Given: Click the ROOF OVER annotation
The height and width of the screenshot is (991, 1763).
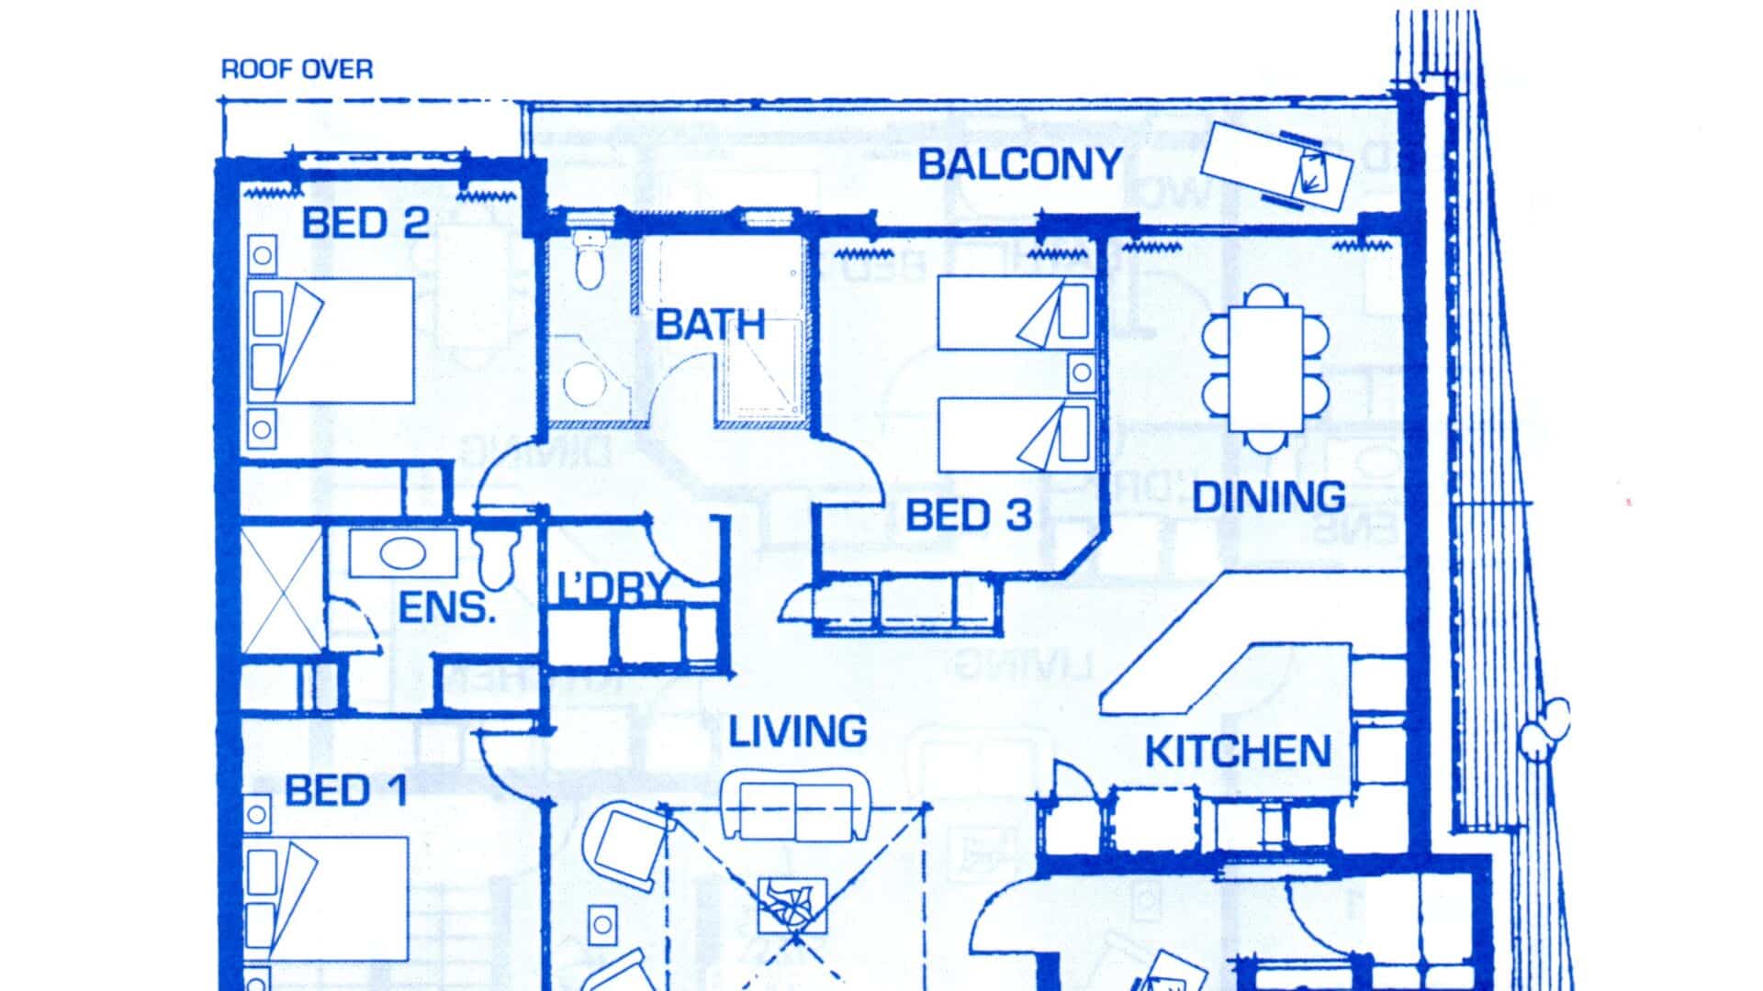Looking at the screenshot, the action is pyautogui.click(x=298, y=70).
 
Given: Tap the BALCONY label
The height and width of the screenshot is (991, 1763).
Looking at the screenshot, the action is pyautogui.click(x=1020, y=164).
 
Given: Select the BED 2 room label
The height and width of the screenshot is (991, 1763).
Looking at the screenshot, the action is pyautogui.click(x=365, y=223).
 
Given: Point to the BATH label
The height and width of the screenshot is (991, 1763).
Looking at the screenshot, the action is pyautogui.click(x=711, y=325).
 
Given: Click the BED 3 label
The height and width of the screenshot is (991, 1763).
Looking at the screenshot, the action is pyautogui.click(x=969, y=516).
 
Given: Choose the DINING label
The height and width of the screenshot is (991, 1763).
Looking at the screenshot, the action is pyautogui.click(x=1269, y=497).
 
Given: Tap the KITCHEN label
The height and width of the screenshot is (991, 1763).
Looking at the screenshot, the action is pyautogui.click(x=1238, y=752).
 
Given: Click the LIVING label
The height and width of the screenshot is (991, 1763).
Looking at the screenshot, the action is pyautogui.click(x=798, y=731).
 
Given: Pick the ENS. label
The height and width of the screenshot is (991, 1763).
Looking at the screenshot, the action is pyautogui.click(x=447, y=607).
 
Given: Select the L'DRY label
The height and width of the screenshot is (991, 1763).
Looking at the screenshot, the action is pyautogui.click(x=613, y=588).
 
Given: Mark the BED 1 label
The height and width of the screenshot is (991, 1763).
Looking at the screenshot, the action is pyautogui.click(x=346, y=791).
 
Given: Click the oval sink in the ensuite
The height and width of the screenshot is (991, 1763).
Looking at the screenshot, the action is pyautogui.click(x=402, y=553).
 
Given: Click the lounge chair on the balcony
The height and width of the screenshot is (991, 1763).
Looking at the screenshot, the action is pyautogui.click(x=1278, y=168).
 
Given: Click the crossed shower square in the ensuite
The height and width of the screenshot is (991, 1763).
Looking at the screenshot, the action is pyautogui.click(x=281, y=590).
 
